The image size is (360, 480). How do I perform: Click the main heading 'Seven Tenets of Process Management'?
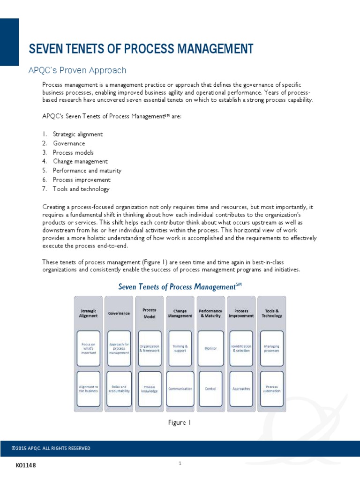point(141,49)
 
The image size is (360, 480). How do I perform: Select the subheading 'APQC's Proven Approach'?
point(78,70)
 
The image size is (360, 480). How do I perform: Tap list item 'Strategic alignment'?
point(77,134)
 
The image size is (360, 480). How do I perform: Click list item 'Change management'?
point(80,162)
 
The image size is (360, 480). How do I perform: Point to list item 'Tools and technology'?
point(81,189)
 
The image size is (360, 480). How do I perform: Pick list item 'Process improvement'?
point(82,180)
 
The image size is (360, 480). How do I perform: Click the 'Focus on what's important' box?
point(88,348)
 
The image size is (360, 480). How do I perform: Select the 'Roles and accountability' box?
point(119,389)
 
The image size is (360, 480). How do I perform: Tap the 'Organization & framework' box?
point(150,348)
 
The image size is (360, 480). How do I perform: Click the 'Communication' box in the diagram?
point(180,389)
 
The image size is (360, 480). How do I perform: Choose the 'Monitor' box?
point(210,348)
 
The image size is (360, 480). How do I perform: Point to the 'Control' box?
point(210,389)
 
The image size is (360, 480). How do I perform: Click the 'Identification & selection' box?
point(241,348)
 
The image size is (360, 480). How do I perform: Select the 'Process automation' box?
point(272,389)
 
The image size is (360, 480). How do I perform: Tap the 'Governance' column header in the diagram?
point(119,313)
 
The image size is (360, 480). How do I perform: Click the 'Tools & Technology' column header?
point(272,313)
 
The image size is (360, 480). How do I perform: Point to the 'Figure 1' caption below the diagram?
point(180,422)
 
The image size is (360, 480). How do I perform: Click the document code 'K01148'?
point(25,465)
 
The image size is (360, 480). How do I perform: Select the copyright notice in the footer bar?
point(51,448)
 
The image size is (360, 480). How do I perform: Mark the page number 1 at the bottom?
point(180,464)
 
